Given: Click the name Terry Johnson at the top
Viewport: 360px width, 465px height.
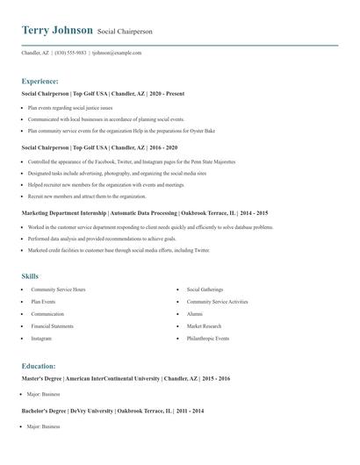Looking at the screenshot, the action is pos(57,30).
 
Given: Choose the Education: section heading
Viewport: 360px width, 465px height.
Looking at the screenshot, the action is pos(39,366).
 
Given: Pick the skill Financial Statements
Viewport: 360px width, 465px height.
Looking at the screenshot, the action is pos(53,325).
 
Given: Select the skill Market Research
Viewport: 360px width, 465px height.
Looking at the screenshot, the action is pos(204,325).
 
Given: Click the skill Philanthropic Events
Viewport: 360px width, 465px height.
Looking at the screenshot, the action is pos(208,338).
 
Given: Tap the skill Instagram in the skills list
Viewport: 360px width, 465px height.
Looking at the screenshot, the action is pos(41,338).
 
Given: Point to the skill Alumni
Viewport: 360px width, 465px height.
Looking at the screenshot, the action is pos(194,313).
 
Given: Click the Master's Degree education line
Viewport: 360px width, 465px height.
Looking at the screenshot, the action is pos(126,378).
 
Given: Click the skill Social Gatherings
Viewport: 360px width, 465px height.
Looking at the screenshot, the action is pos(205,289).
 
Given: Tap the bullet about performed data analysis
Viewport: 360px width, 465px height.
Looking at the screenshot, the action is pos(101,239).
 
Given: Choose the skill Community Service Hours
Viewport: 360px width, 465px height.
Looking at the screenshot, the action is pos(58,289).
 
